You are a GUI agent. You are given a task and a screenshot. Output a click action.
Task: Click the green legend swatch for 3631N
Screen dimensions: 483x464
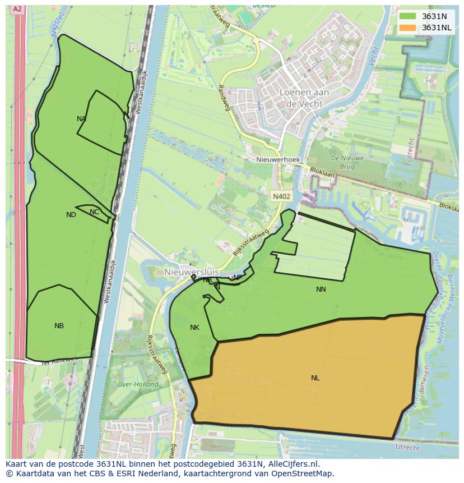click(407, 16)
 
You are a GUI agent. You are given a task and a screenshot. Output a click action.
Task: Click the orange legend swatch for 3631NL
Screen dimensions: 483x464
click(407, 27)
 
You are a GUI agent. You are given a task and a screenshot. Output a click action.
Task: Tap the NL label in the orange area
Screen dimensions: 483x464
click(315, 378)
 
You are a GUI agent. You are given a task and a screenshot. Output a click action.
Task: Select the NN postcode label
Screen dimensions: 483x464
click(321, 289)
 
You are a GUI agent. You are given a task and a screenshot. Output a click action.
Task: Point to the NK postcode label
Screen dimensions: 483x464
click(194, 328)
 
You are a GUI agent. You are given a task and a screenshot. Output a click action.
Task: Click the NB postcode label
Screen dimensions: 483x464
click(59, 326)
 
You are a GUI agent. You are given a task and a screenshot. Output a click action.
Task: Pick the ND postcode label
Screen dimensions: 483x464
click(71, 215)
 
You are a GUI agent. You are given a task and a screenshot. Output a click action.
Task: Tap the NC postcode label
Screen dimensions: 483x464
click(94, 212)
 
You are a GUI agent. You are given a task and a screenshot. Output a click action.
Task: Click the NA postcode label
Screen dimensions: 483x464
click(81, 119)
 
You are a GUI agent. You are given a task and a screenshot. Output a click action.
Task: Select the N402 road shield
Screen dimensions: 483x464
click(281, 196)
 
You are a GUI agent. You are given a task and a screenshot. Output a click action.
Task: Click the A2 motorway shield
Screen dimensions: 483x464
click(18, 9)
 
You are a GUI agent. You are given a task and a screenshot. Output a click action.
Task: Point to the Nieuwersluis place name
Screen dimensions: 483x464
click(192, 272)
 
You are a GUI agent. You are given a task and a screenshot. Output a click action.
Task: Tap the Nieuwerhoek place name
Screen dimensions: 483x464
click(278, 160)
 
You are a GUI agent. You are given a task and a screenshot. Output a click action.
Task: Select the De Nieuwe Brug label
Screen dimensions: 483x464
click(347, 163)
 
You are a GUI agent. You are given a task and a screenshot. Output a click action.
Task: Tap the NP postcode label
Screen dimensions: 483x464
click(237, 278)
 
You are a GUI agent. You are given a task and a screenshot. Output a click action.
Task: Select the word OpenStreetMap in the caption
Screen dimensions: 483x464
click(305, 473)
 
